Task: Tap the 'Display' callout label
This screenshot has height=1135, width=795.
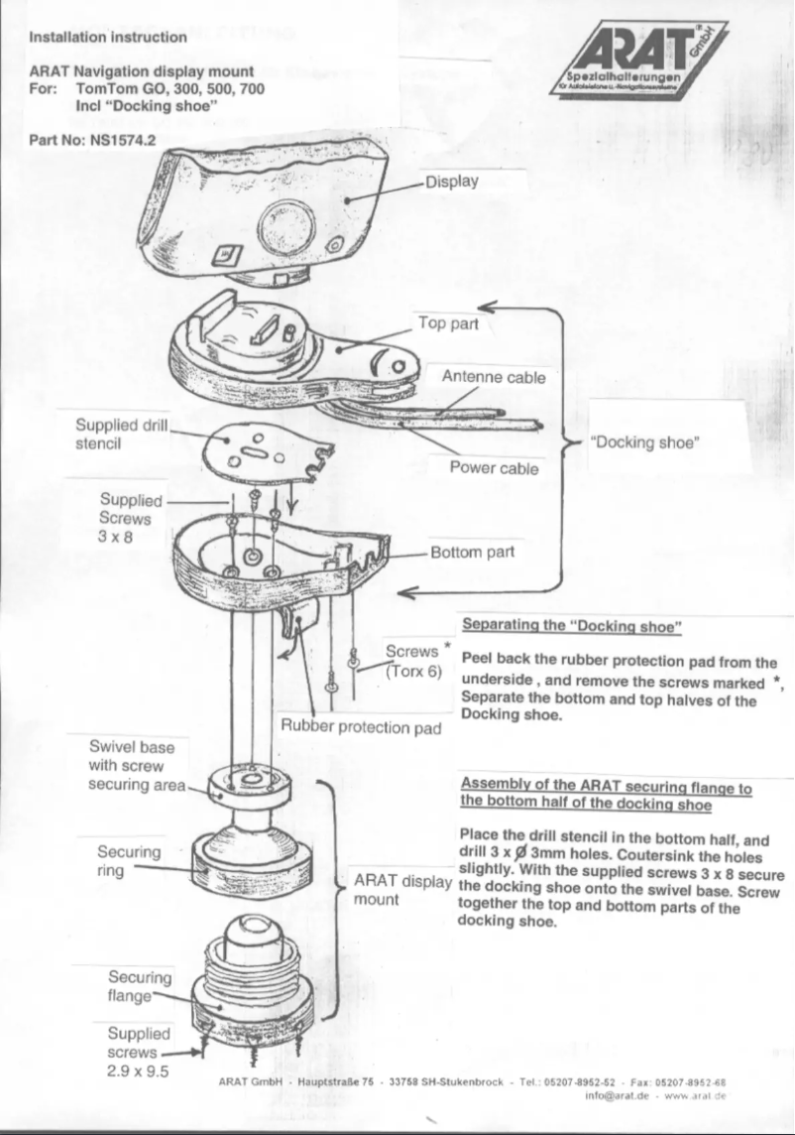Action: pyautogui.click(x=452, y=182)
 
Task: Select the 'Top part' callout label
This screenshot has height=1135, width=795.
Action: pyautogui.click(x=448, y=323)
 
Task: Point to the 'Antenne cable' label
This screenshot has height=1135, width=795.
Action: pyautogui.click(x=493, y=377)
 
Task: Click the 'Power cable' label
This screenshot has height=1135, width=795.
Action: pyautogui.click(x=495, y=468)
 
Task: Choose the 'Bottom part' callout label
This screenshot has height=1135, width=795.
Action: pyautogui.click(x=472, y=553)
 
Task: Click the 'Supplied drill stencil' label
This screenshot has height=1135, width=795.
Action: pyautogui.click(x=115, y=434)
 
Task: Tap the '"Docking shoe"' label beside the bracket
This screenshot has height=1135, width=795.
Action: pyautogui.click(x=645, y=442)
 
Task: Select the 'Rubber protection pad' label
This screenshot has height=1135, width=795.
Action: pyautogui.click(x=361, y=728)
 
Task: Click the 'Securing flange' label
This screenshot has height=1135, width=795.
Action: pyautogui.click(x=139, y=985)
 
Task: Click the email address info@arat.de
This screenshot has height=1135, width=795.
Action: pyautogui.click(x=616, y=1096)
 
